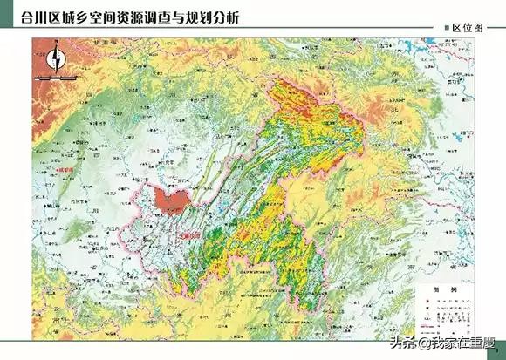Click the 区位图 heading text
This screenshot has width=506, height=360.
point(468,28)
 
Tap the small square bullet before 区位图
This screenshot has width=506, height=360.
point(447,28)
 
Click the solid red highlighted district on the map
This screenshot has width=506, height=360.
point(169,200)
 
